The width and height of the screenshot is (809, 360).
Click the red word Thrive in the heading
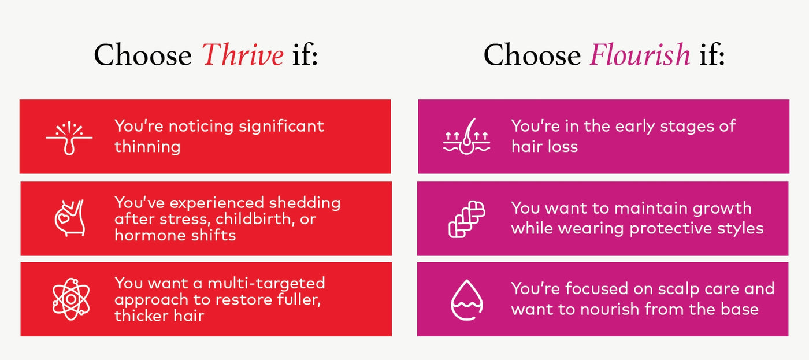point(243,55)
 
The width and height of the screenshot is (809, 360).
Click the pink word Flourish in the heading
point(639,55)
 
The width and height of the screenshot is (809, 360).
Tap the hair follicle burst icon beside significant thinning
point(69,136)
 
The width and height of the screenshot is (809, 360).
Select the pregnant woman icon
point(69,218)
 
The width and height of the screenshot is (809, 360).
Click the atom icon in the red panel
point(69,299)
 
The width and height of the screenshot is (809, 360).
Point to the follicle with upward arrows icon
point(466,136)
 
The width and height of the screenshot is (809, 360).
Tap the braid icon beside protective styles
point(466,218)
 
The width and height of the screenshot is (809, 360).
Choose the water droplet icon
point(466,299)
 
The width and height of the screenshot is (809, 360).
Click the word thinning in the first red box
point(147,146)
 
